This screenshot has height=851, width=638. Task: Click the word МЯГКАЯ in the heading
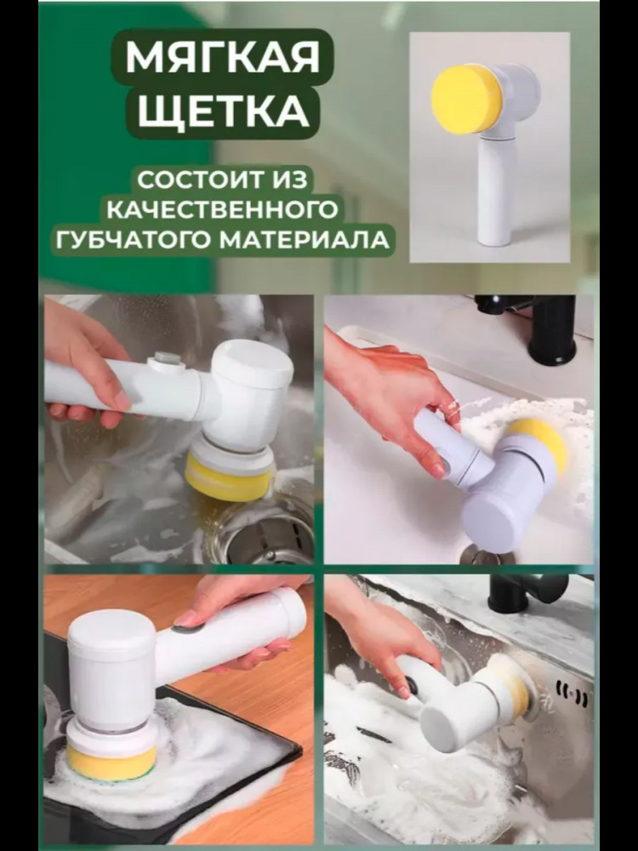tap(222, 57)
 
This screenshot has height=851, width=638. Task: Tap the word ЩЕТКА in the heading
tap(223, 111)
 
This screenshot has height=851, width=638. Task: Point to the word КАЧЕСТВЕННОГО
tap(222, 209)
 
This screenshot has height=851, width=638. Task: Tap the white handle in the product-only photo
tap(495, 190)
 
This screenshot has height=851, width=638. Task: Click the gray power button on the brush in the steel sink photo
tap(167, 359)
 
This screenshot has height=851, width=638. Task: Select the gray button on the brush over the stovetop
tap(188, 629)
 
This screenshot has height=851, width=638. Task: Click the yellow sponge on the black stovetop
tap(111, 762)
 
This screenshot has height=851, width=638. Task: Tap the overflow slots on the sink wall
tap(572, 694)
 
